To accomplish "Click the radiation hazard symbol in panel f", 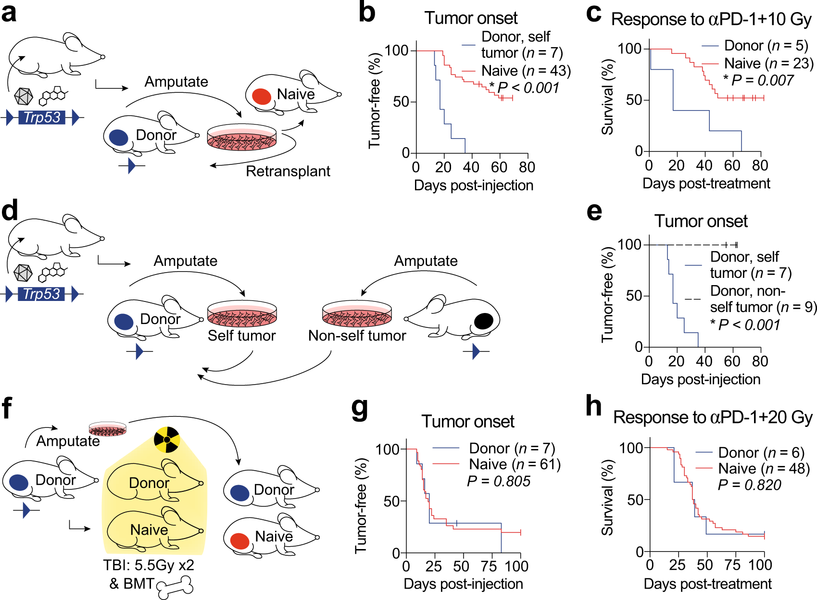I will point(167,439).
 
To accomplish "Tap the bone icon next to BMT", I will point(175,587).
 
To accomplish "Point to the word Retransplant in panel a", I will point(288,171).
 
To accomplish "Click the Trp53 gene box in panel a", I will point(42,117).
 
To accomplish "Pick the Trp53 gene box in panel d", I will point(42,294).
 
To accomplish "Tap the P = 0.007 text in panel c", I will point(758,80).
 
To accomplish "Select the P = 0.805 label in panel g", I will point(499,481).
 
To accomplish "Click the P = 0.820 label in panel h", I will point(749,485).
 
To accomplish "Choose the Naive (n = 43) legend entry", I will point(526,71).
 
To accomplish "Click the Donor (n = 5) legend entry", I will point(766,46).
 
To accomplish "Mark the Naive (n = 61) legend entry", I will point(515,464).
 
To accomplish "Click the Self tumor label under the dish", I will point(241,336).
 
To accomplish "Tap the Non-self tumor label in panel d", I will point(357,336).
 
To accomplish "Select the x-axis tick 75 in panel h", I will point(733,565).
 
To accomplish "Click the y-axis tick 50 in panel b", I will point(401,102).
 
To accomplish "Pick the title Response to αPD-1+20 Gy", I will point(713,417).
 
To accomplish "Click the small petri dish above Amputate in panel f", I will point(108,428).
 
